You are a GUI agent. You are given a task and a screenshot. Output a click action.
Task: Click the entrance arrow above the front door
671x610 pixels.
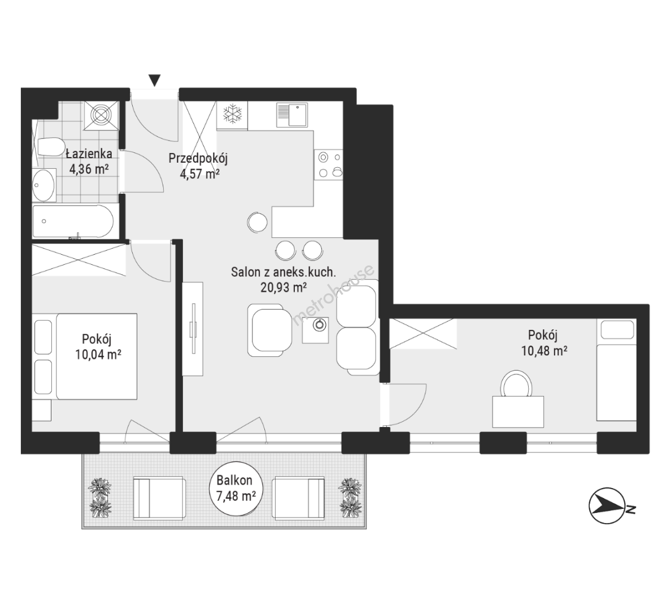(x=155, y=80)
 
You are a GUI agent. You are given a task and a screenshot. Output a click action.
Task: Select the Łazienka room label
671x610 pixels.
(x=89, y=153)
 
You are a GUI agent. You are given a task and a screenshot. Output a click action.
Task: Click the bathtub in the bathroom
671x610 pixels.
(x=73, y=221)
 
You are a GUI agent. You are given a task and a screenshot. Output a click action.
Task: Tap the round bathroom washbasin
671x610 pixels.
(x=44, y=185)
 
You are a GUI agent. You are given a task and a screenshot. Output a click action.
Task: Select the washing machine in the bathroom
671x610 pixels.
(x=102, y=115)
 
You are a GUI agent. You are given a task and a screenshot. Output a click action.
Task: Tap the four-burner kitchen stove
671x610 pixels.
(x=329, y=164)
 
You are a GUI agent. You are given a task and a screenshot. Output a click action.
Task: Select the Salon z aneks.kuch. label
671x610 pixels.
(x=284, y=272)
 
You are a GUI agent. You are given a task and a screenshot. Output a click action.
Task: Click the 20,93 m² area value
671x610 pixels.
(x=284, y=287)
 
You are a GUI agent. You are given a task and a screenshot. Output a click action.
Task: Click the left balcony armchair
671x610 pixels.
(x=160, y=499)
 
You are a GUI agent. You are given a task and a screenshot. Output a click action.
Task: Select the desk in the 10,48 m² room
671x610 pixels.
(x=518, y=411)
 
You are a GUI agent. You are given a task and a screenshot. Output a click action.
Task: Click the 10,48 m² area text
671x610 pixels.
(x=544, y=351)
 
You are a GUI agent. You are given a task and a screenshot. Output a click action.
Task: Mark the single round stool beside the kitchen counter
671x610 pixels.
(x=257, y=223)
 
